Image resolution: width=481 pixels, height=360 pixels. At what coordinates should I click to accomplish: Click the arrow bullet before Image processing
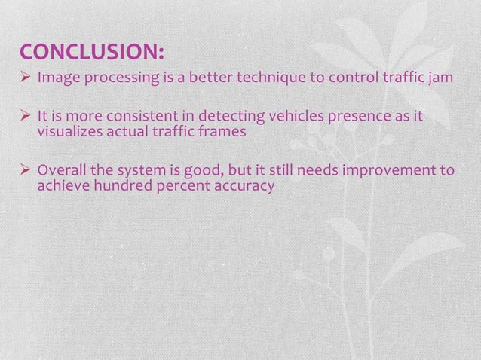26,78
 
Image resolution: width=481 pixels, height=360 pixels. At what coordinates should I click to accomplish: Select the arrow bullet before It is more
26,117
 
